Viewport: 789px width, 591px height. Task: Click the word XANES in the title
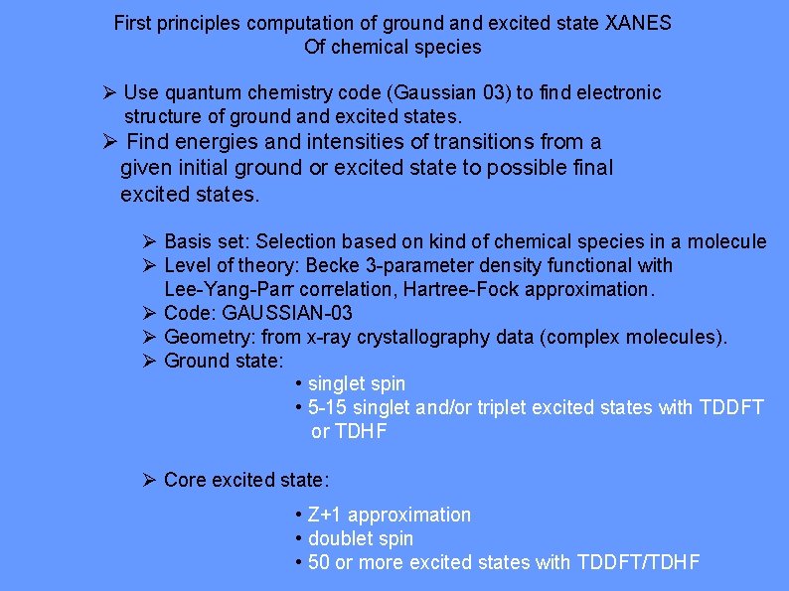click(638, 23)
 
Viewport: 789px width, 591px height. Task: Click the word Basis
click(187, 241)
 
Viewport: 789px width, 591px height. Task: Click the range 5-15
click(327, 407)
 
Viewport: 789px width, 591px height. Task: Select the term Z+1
click(326, 515)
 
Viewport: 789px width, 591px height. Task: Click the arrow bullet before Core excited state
click(149, 481)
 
